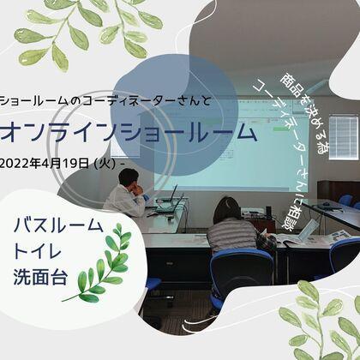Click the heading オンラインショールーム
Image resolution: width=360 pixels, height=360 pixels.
[129, 133]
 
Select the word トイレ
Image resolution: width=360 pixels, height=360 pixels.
[44, 253]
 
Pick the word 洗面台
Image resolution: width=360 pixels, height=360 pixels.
[44, 279]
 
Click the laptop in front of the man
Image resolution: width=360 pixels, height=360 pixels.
[166, 198]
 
